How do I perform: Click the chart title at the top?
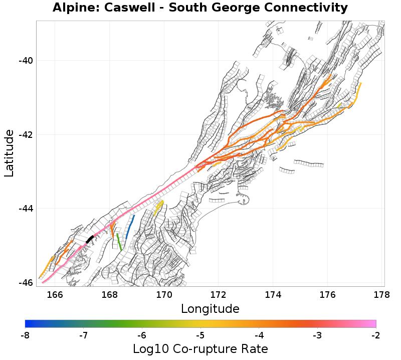pyautogui.click(x=200, y=8)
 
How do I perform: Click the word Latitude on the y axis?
pyautogui.click(x=9, y=153)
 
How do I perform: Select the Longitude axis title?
pyautogui.click(x=210, y=308)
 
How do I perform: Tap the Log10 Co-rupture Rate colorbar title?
pyautogui.click(x=200, y=348)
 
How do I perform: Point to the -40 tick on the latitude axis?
pyautogui.click(x=25, y=61)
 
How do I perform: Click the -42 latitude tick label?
pyautogui.click(x=25, y=135)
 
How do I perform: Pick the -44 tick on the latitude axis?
pyautogui.click(x=25, y=209)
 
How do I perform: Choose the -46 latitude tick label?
pyautogui.click(x=25, y=283)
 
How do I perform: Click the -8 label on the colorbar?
pyautogui.click(x=25, y=334)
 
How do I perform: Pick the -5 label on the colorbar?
pyautogui.click(x=200, y=334)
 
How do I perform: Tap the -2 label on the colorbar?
pyautogui.click(x=376, y=334)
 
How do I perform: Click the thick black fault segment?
pyautogui.click(x=90, y=239)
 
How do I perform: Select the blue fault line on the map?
pyautogui.click(x=130, y=227)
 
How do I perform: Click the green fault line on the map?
pyautogui.click(x=119, y=242)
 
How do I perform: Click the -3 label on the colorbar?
pyautogui.click(x=317, y=334)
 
